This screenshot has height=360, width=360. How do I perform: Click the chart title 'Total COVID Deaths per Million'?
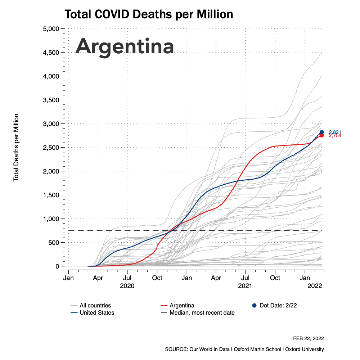click(x=149, y=15)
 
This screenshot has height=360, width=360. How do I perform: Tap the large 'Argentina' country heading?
click(x=125, y=46)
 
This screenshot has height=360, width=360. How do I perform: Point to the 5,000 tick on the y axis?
click(x=51, y=29)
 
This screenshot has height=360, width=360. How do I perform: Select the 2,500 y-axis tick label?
click(x=51, y=148)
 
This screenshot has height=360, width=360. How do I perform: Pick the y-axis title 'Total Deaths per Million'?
click(x=16, y=148)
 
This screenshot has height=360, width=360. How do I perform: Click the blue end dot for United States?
click(x=321, y=132)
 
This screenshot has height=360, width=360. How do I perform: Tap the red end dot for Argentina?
click(x=321, y=135)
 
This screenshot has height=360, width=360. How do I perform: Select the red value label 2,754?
click(x=335, y=136)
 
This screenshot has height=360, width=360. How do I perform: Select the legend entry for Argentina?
click(x=182, y=305)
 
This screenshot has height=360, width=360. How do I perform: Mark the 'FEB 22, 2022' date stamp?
click(x=309, y=338)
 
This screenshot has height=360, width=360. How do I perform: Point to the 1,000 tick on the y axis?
click(x=51, y=219)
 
